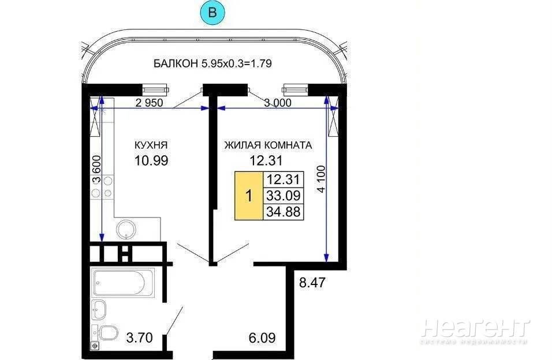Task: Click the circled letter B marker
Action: pyautogui.click(x=212, y=13)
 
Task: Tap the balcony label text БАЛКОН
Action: pyautogui.click(x=176, y=63)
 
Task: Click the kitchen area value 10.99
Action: pyautogui.click(x=151, y=160)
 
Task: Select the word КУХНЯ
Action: pyautogui.click(x=151, y=145)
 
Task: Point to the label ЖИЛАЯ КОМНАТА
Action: pyautogui.click(x=268, y=145)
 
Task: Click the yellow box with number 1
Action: pyautogui.click(x=249, y=196)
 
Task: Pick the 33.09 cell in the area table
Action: pyautogui.click(x=284, y=196)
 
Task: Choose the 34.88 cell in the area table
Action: pyautogui.click(x=284, y=212)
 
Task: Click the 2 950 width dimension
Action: pyautogui.click(x=150, y=103)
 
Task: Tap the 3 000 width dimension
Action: pyautogui.click(x=278, y=103)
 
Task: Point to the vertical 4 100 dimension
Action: pyautogui.click(x=322, y=179)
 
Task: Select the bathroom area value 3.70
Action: pyautogui.click(x=139, y=338)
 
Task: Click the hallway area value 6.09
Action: pyautogui.click(x=262, y=338)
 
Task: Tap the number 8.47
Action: pyautogui.click(x=312, y=283)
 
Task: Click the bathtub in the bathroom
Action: pyautogui.click(x=123, y=282)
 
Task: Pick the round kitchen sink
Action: pyautogui.click(x=126, y=229)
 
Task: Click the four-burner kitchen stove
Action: pyautogui.click(x=102, y=187)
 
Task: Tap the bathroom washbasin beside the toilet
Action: pyautogui.click(x=99, y=310)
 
